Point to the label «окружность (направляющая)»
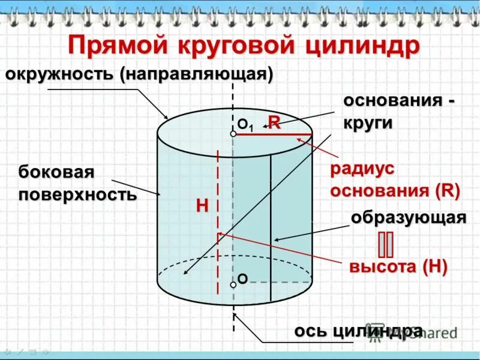pyautogui.click(x=139, y=75)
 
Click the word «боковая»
pyautogui.click(x=56, y=172)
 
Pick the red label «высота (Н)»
pyautogui.click(x=398, y=267)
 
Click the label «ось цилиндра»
pyautogui.click(x=358, y=331)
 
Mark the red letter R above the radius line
pyautogui.click(x=274, y=122)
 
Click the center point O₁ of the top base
pyautogui.click(x=233, y=134)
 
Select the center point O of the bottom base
pyautogui.click(x=233, y=283)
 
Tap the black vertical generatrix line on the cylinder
pyautogui.click(x=271, y=228)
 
